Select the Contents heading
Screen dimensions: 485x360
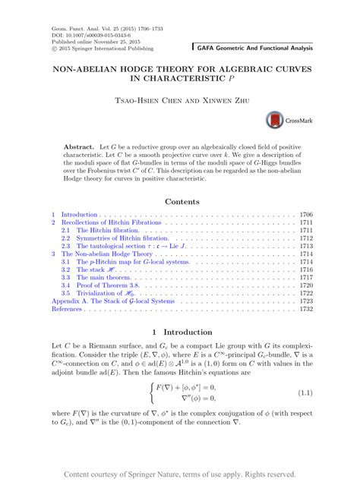click(x=179, y=202)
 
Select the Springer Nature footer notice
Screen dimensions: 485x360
click(x=179, y=474)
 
